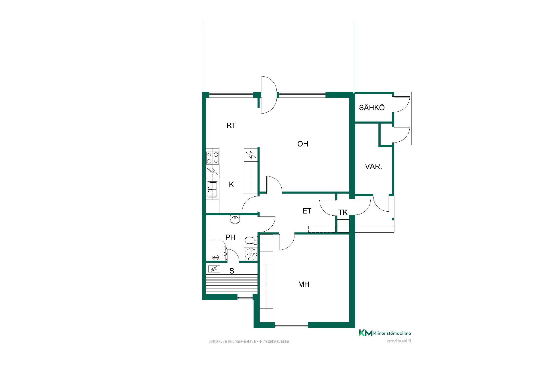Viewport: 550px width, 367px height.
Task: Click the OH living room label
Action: pyautogui.click(x=303, y=144)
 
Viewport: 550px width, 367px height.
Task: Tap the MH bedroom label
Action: pyautogui.click(x=304, y=284)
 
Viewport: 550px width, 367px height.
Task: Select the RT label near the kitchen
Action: pyautogui.click(x=231, y=126)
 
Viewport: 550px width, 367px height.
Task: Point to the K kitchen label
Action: pyautogui.click(x=231, y=184)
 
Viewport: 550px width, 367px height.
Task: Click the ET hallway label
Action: pyautogui.click(x=307, y=211)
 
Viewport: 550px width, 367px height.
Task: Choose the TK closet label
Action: pyautogui.click(x=343, y=212)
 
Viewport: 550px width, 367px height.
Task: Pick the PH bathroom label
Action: pyautogui.click(x=230, y=237)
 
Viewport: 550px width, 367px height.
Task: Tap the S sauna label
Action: pyautogui.click(x=232, y=271)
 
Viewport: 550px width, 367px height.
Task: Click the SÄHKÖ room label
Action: pyautogui.click(x=372, y=108)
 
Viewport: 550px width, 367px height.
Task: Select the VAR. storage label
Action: pyautogui.click(x=374, y=167)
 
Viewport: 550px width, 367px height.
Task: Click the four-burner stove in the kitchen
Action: pyautogui.click(x=213, y=158)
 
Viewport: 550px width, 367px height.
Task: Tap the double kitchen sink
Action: pyautogui.click(x=213, y=189)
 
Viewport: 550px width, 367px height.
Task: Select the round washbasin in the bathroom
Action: pyautogui.click(x=235, y=219)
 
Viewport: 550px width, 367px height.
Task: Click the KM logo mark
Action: pyautogui.click(x=366, y=333)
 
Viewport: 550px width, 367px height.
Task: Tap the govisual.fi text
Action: pyautogui.click(x=399, y=341)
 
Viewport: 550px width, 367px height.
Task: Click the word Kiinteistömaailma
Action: pyautogui.click(x=392, y=333)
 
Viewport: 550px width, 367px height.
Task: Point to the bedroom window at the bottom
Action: pyautogui.click(x=291, y=325)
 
